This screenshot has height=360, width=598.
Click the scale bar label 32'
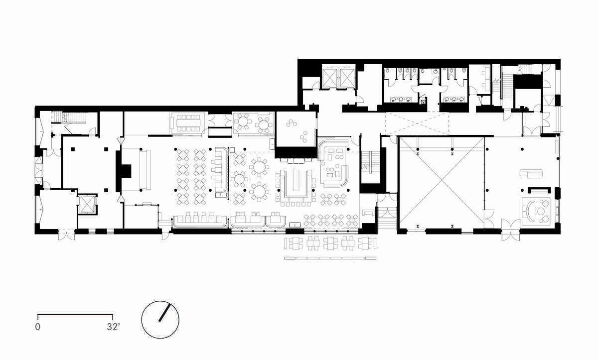(x=113, y=327)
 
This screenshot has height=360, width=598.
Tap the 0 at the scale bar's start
(x=38, y=327)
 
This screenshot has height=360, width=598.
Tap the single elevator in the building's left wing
(x=88, y=204)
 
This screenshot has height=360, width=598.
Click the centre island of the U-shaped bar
(x=296, y=180)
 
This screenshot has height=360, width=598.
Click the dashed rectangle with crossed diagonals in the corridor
(x=417, y=123)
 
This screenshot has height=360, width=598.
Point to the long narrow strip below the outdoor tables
(x=330, y=258)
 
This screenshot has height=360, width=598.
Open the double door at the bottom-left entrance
(x=66, y=235)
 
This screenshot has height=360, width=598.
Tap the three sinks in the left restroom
(x=401, y=100)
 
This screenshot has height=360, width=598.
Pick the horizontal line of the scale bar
(x=75, y=315)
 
